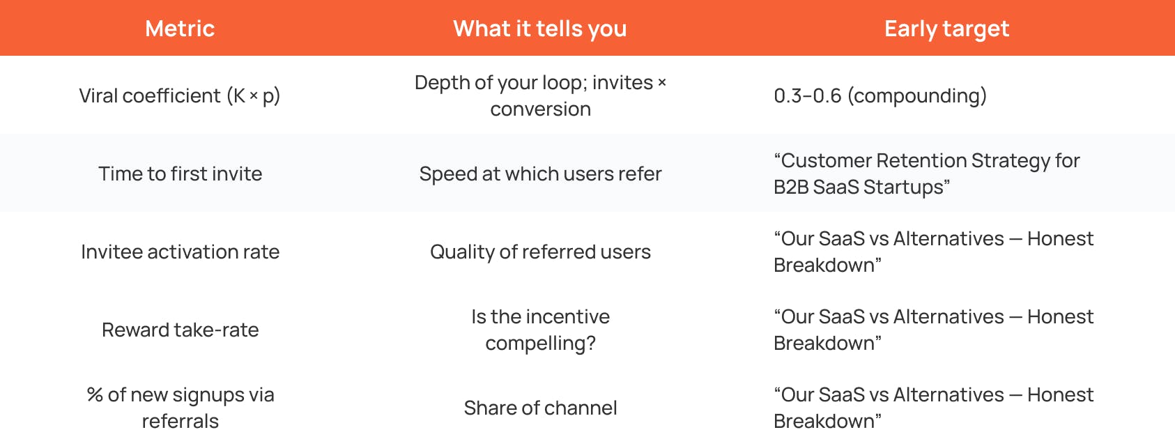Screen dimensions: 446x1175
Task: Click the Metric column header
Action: click(180, 29)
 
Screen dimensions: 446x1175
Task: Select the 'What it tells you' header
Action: click(540, 29)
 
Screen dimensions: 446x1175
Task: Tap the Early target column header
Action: click(946, 29)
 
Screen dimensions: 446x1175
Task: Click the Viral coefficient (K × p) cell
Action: click(180, 95)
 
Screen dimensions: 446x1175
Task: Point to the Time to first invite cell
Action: click(180, 174)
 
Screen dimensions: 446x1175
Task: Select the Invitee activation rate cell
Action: click(180, 252)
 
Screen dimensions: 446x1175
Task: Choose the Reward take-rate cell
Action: click(180, 330)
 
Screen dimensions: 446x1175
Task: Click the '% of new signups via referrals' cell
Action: click(180, 408)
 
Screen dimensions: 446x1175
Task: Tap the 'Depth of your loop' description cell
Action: click(540, 95)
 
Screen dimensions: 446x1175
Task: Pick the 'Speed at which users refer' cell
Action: click(540, 174)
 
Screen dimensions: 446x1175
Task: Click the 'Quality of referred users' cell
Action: click(540, 252)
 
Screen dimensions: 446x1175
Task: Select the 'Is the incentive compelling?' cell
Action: click(540, 330)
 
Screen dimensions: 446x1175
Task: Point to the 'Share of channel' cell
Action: click(540, 408)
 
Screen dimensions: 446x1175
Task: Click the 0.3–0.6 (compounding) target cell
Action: click(880, 95)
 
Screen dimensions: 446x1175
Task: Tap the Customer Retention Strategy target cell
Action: click(926, 174)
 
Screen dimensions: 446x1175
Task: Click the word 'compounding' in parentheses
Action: click(917, 95)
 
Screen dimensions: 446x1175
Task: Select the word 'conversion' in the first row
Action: click(540, 109)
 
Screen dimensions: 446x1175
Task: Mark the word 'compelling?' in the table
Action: click(540, 344)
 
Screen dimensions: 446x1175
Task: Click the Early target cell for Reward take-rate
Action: click(933, 330)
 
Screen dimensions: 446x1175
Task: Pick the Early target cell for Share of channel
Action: click(933, 408)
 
